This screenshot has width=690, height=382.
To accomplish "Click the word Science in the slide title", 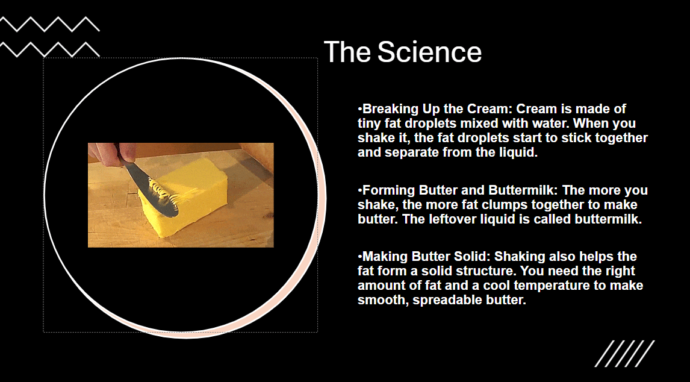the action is coord(429,52).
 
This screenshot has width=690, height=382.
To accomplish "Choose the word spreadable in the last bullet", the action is coord(444,300).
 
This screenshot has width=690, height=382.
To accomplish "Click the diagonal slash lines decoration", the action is coord(624,353).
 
